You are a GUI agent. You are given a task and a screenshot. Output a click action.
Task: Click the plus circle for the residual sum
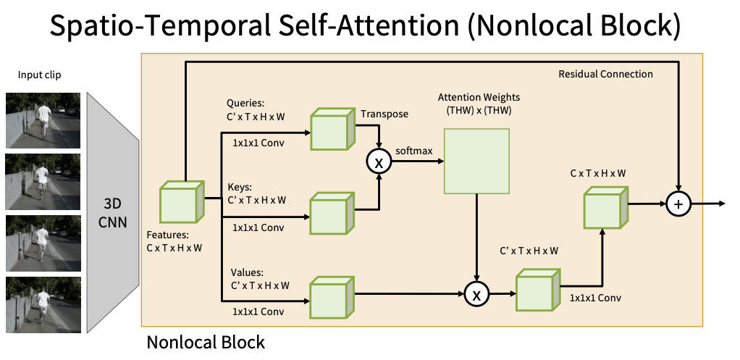tap(678, 205)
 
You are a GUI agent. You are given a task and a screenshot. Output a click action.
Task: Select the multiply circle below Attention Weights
tap(476, 293)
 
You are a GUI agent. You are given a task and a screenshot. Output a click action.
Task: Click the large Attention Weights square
tap(476, 161)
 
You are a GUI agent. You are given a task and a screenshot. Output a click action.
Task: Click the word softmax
tap(414, 151)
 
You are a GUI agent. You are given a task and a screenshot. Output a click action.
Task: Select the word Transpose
tap(384, 114)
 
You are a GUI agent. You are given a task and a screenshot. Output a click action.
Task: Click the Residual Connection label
tap(606, 74)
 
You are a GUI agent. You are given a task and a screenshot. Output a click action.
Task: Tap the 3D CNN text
tap(113, 210)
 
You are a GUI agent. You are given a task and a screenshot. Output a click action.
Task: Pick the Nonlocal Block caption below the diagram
tap(206, 341)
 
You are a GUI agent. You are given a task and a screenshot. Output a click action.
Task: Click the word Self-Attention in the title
tap(351, 27)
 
